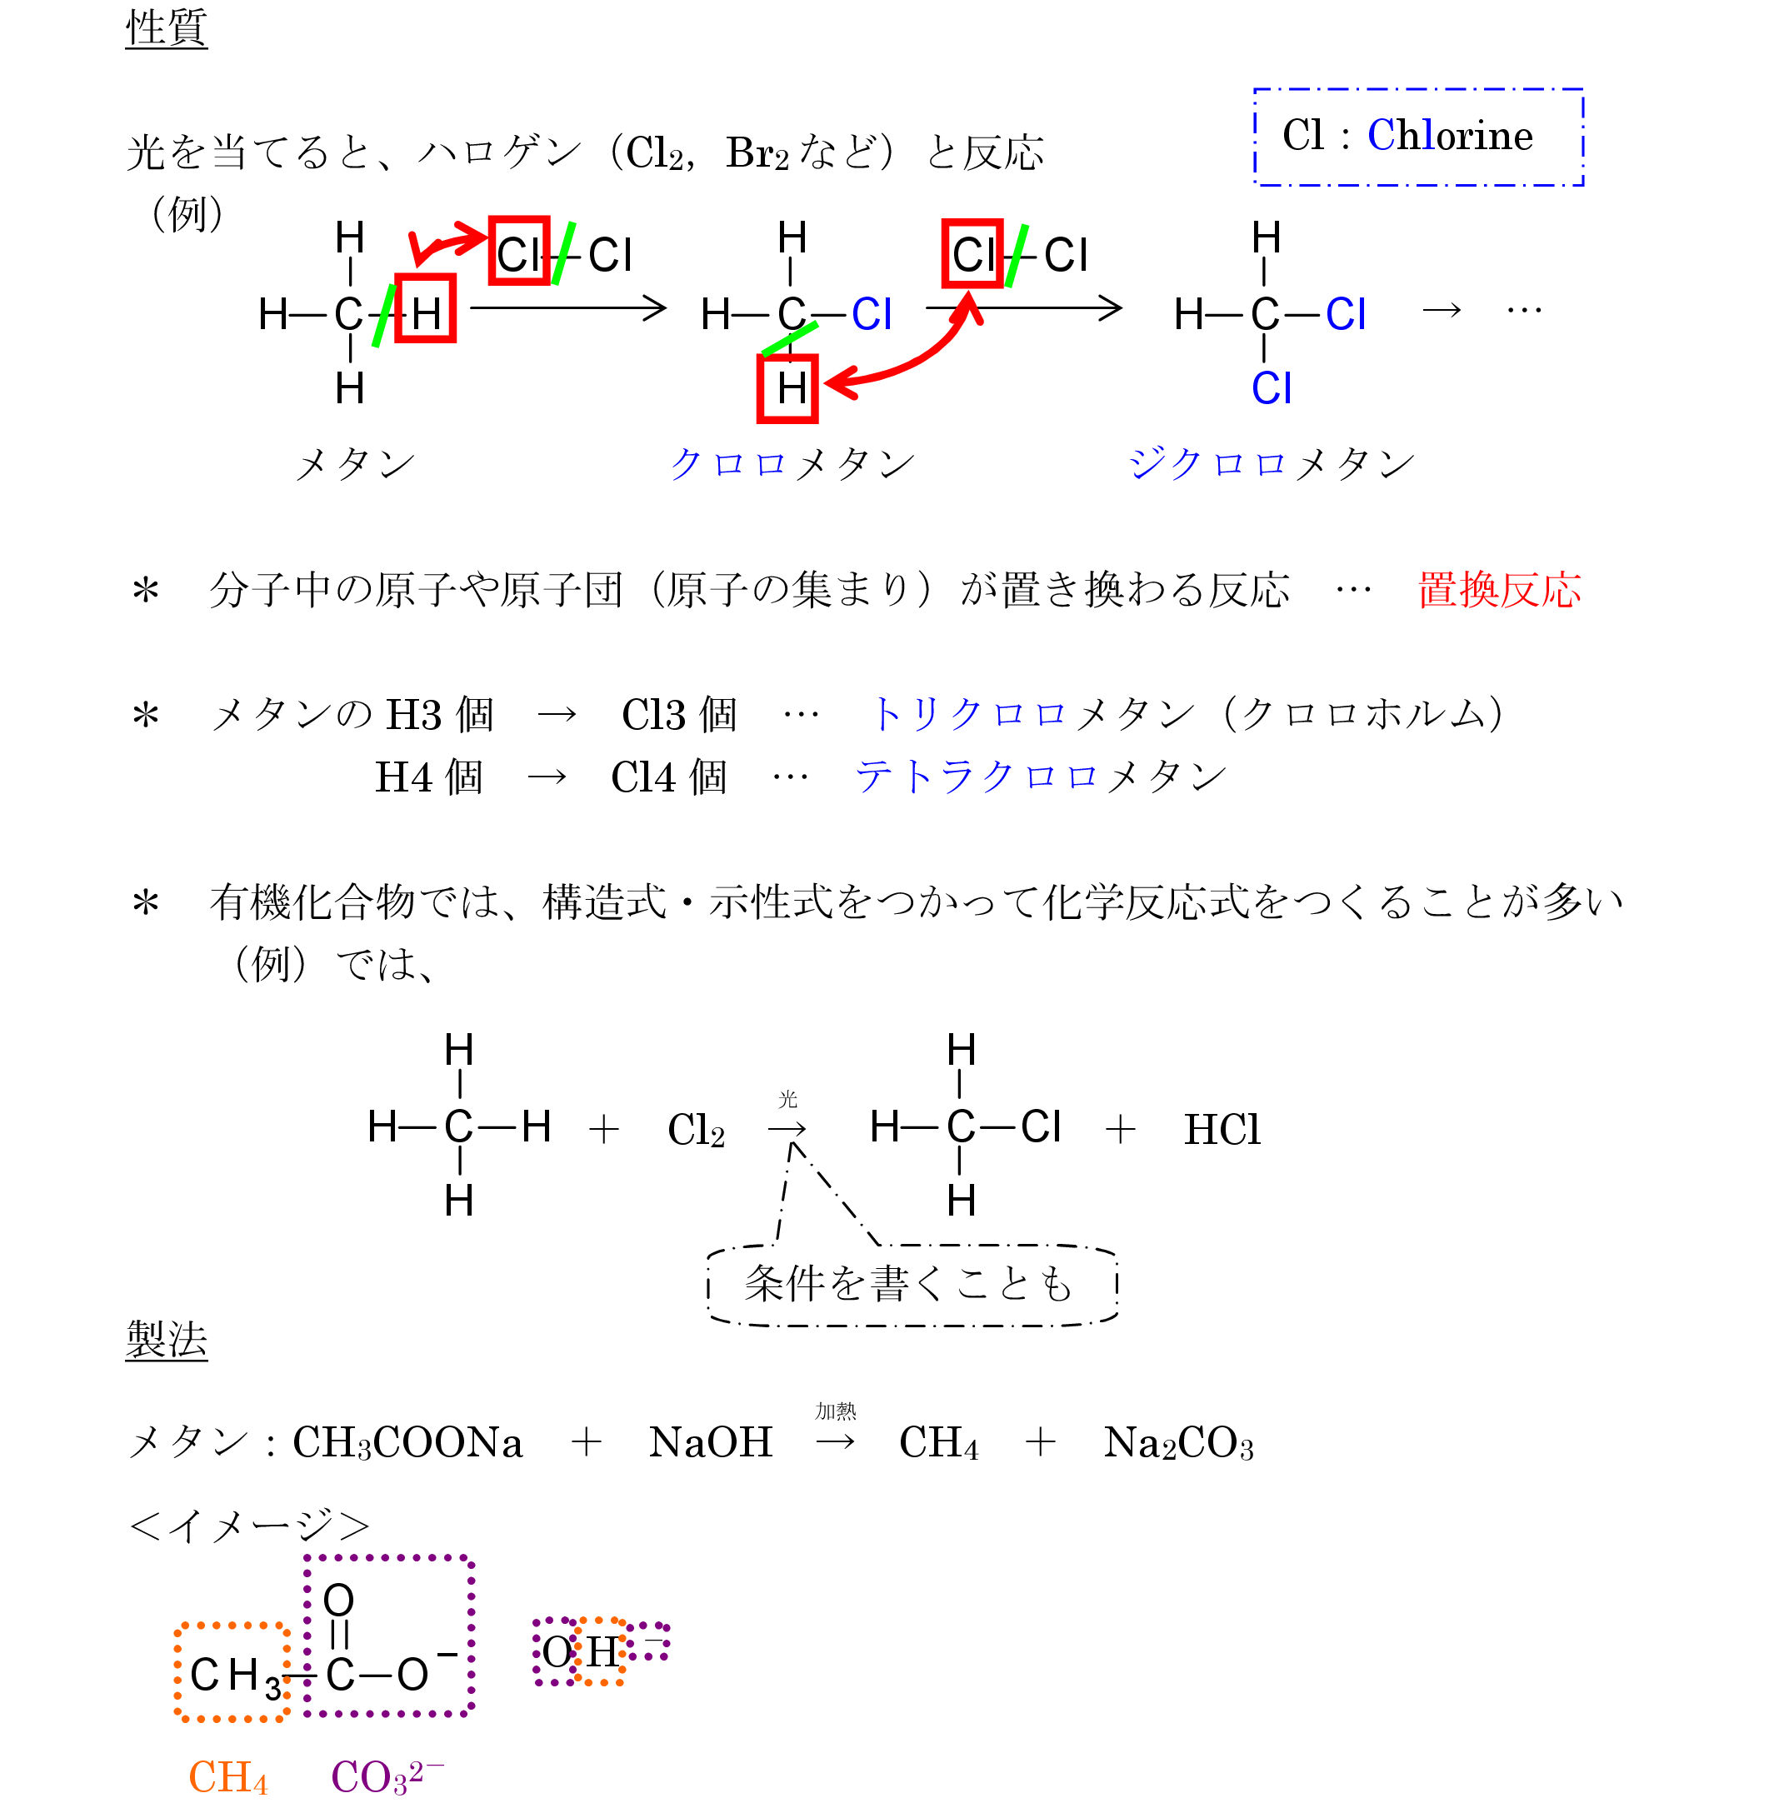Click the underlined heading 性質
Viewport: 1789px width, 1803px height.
click(x=166, y=28)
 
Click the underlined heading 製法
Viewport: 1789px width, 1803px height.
click(x=166, y=1340)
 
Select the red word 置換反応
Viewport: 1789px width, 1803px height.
click(x=1499, y=591)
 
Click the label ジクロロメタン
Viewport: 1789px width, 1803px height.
click(x=1271, y=464)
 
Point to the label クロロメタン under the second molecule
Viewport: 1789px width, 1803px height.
click(x=792, y=464)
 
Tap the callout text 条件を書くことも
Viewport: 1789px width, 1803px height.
click(x=908, y=1285)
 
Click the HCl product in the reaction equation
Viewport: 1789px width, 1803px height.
click(x=1222, y=1130)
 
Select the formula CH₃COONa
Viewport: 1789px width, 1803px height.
click(x=407, y=1443)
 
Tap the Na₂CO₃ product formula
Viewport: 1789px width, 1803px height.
click(x=1177, y=1443)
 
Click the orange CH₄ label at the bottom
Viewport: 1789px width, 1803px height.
click(x=227, y=1777)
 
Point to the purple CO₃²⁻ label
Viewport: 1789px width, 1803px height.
click(x=387, y=1777)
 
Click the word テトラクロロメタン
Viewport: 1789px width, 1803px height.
click(x=1040, y=777)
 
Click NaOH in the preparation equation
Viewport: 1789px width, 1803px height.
click(x=710, y=1443)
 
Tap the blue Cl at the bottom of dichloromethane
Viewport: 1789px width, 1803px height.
click(x=1271, y=388)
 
